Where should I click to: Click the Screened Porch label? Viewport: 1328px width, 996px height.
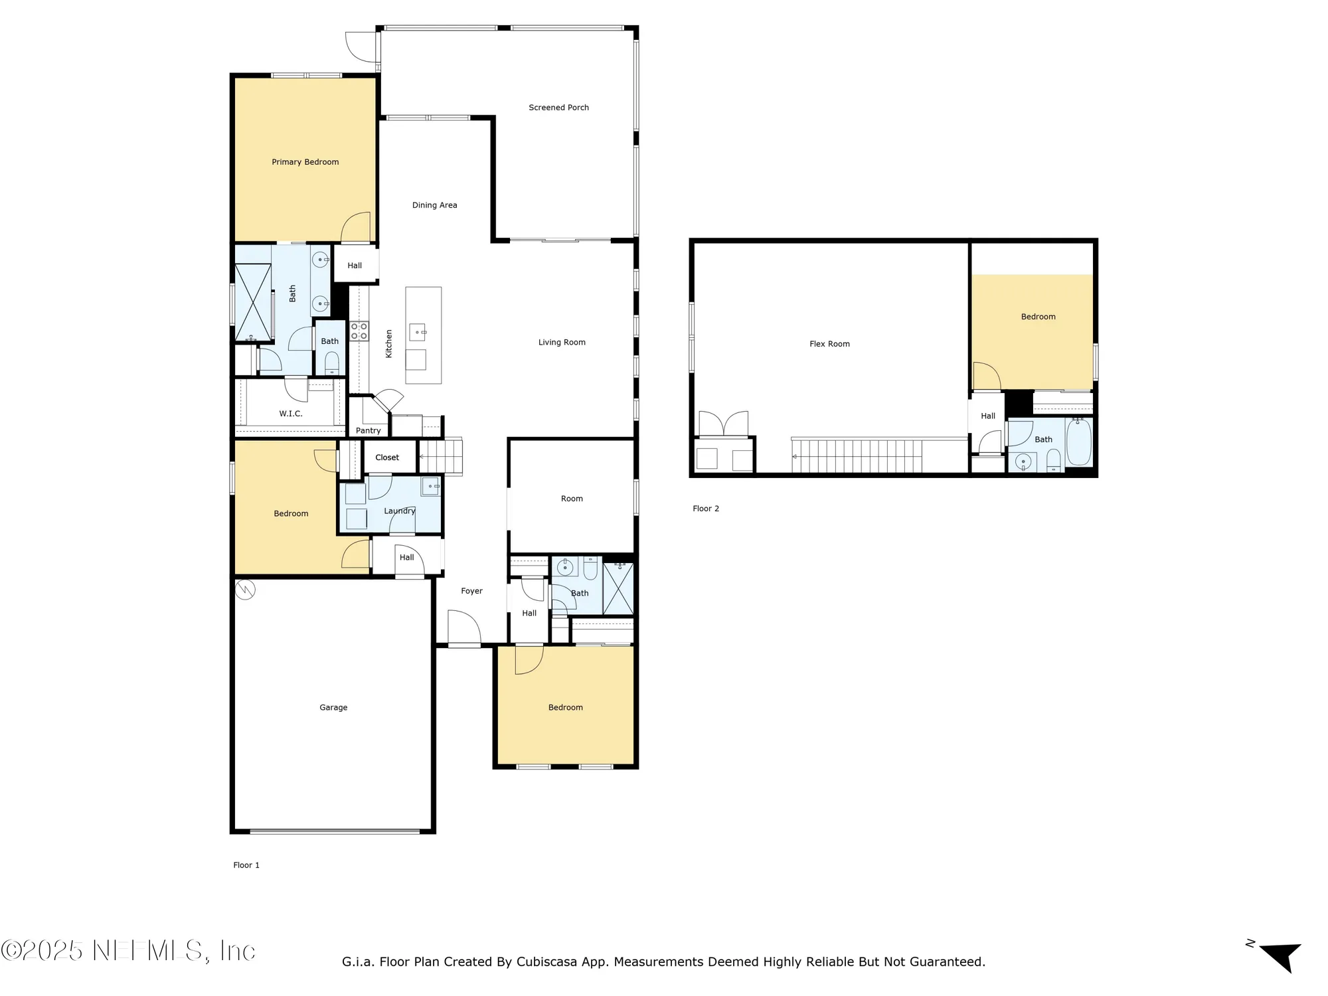coord(558,108)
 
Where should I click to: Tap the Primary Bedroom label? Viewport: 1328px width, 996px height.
coord(305,162)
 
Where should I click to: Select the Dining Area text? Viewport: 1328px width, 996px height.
coord(434,205)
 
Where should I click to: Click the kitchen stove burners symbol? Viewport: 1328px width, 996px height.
coord(359,331)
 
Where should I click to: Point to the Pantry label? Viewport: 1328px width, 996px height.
coord(368,430)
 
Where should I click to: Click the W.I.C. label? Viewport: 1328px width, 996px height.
coord(290,414)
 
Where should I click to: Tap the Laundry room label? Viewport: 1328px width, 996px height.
coord(399,511)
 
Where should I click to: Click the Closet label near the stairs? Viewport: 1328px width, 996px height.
coord(387,457)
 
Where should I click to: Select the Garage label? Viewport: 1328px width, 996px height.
coord(333,708)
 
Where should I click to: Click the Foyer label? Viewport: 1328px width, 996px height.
coord(471,591)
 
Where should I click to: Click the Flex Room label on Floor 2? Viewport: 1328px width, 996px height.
coord(829,344)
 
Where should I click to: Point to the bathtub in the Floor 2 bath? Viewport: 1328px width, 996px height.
coord(1079,442)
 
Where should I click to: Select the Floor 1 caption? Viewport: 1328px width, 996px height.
coord(246,865)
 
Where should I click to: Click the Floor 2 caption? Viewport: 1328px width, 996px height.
coord(705,509)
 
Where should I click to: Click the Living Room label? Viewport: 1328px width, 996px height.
coord(562,343)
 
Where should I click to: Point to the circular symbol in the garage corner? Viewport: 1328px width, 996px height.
coord(245,589)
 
